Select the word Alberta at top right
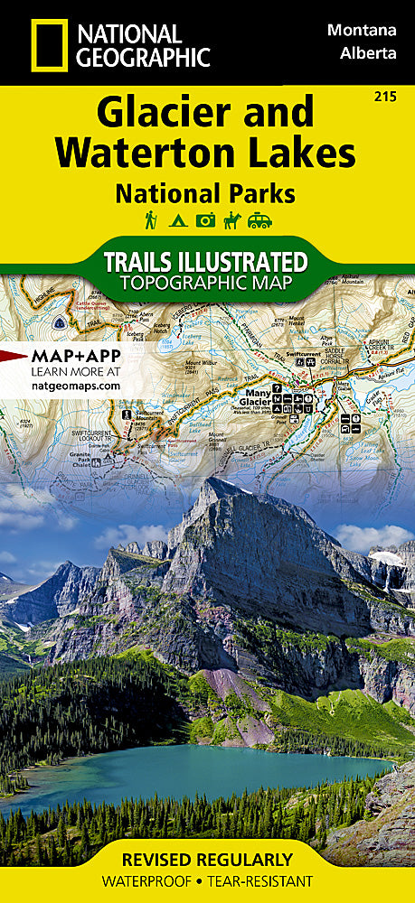(369, 52)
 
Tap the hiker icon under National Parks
(151, 219)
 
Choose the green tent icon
(178, 219)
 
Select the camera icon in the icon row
(206, 219)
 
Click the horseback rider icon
(233, 219)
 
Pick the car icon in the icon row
(261, 219)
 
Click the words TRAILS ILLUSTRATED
(206, 262)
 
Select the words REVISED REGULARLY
(208, 859)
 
